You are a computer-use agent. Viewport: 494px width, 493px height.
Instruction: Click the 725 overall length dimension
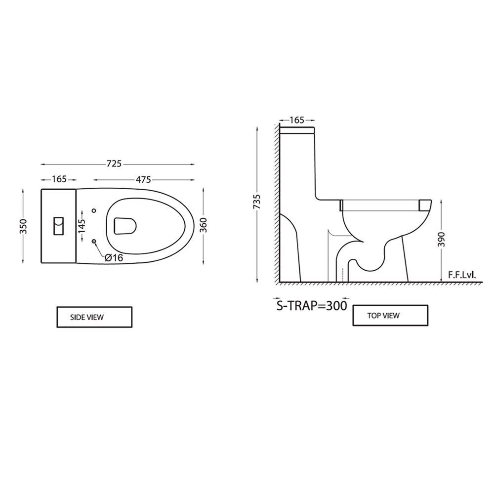114,164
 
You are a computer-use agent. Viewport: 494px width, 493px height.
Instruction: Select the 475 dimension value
143,179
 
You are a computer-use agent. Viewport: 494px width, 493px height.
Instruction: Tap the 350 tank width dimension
24,226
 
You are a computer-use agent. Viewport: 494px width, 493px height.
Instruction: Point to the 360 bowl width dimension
204,225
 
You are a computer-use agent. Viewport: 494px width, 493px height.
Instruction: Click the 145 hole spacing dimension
82,226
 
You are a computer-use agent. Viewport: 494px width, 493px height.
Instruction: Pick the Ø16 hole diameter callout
114,258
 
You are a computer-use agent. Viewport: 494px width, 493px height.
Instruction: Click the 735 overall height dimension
257,202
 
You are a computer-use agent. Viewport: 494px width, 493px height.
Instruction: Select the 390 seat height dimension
441,240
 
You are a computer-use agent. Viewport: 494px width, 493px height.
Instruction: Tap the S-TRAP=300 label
312,306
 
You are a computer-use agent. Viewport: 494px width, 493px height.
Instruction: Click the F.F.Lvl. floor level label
462,275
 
